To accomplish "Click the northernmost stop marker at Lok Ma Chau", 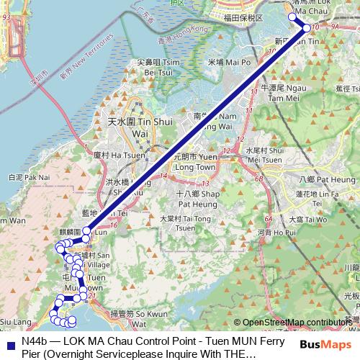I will [x=292, y=16].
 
